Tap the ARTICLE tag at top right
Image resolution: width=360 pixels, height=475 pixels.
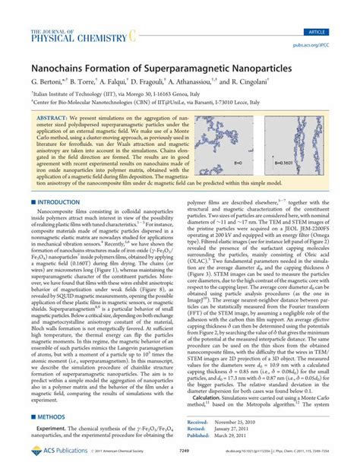(334, 11)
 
